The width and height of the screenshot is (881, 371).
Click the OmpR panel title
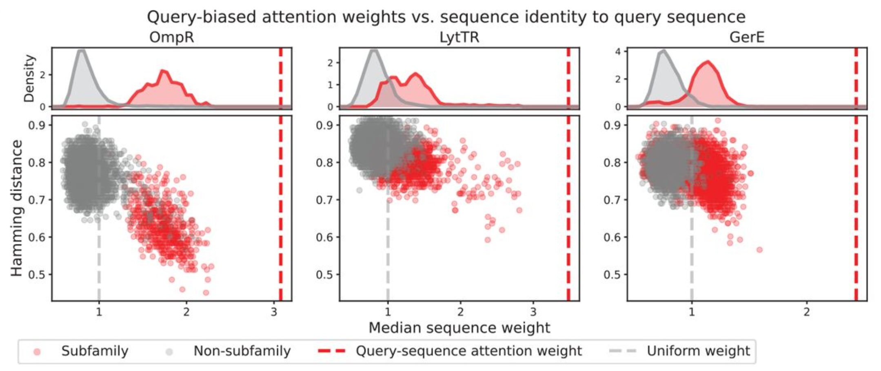point(171,38)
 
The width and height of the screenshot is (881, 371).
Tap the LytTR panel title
point(459,38)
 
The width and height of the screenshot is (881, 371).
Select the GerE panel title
point(747,38)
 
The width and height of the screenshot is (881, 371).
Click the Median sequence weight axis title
point(459,328)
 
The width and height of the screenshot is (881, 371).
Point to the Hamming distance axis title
point(16,208)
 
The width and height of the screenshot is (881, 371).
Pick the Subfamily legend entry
point(94,351)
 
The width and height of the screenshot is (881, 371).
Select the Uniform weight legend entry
point(698,351)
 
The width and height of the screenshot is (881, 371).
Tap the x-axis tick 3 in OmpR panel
point(274,312)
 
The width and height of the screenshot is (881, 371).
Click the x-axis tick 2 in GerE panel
point(806,312)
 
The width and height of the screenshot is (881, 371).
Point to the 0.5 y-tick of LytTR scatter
point(325,275)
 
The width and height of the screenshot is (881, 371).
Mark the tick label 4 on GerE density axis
point(618,52)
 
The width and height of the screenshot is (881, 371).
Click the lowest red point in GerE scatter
point(759,250)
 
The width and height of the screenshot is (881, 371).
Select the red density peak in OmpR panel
point(164,71)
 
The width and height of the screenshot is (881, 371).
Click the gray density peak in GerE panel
point(664,51)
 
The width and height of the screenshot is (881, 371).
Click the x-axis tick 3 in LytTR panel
point(533,312)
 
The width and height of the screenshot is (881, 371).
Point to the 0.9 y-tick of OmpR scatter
point(37,125)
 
